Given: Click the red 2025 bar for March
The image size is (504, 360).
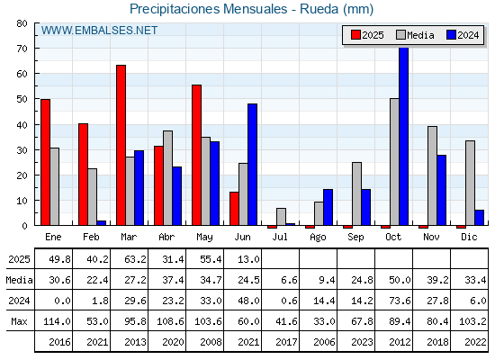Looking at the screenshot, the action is click(x=121, y=145).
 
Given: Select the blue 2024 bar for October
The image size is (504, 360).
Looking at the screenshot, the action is click(x=404, y=136).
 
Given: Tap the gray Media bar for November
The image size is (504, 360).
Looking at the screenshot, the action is click(x=432, y=175).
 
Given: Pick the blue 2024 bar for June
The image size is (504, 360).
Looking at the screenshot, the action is click(x=252, y=164).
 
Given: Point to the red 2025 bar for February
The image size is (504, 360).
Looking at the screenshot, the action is click(x=83, y=175).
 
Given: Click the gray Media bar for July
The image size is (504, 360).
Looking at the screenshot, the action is click(x=281, y=217).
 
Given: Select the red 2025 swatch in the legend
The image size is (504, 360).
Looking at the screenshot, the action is click(x=355, y=35).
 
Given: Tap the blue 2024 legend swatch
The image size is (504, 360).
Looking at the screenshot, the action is click(x=451, y=35).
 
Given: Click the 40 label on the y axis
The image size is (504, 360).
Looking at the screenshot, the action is click(x=22, y=125).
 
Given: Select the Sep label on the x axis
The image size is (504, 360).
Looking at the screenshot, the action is click(x=355, y=237).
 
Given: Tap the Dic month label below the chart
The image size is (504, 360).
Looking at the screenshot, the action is click(x=469, y=237).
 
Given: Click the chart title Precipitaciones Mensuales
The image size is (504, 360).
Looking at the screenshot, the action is click(x=208, y=9).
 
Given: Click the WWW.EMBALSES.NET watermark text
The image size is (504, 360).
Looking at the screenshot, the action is click(x=99, y=31).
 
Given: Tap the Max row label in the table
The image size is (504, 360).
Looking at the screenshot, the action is click(x=19, y=321).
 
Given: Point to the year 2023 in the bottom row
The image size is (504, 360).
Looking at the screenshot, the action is click(x=362, y=342).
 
